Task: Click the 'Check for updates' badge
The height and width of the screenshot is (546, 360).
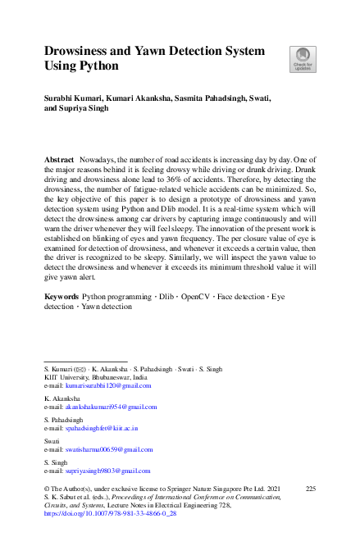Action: click(x=302, y=58)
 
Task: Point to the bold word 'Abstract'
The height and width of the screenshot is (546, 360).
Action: click(x=58, y=157)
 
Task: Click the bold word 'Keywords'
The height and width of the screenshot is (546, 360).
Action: click(x=62, y=295)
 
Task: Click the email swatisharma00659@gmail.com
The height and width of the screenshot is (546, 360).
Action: click(x=109, y=449)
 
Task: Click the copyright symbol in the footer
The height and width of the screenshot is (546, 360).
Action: click(x=47, y=489)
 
